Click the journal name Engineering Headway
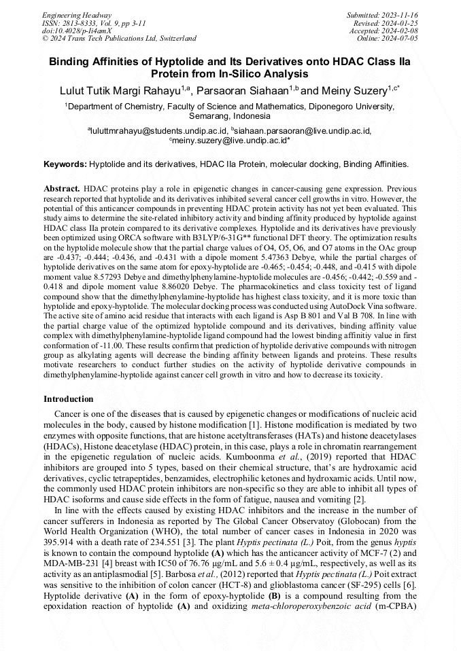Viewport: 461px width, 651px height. [77, 15]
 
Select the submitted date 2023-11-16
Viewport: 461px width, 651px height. [403, 15]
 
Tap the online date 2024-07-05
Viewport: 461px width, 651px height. [403, 39]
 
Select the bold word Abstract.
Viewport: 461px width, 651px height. [62, 187]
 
